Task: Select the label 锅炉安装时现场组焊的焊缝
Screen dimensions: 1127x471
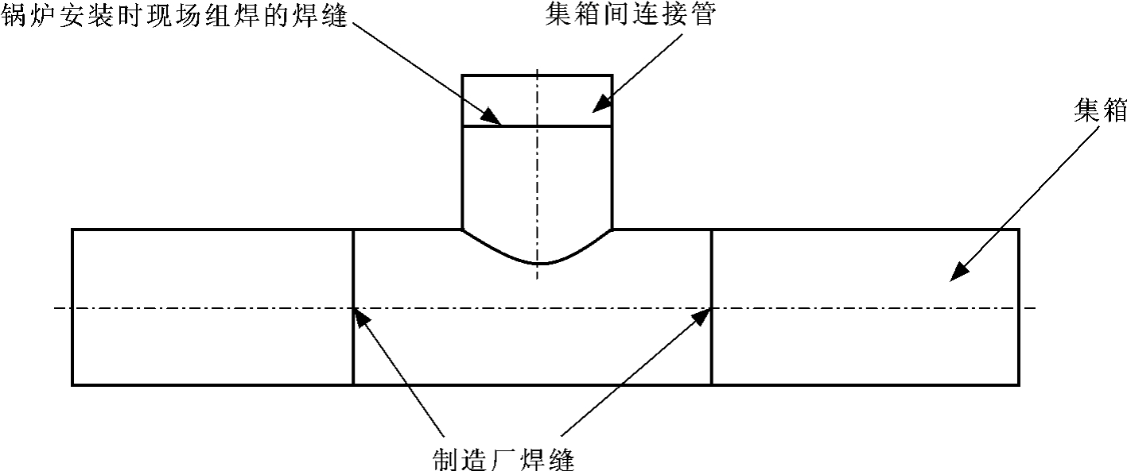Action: [174, 16]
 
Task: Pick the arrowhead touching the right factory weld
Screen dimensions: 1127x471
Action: [702, 316]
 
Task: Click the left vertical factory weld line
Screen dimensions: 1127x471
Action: [353, 349]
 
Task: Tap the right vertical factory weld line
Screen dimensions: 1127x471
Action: [711, 349]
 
